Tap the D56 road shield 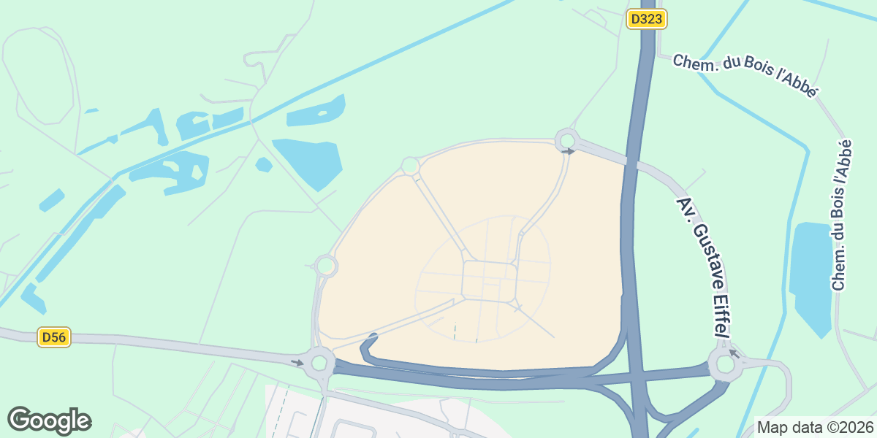point(54,337)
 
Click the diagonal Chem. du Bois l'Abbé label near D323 point(745,75)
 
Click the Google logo point(50,420)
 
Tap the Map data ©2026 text point(815,427)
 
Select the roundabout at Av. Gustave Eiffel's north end point(566,139)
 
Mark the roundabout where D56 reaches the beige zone point(319,362)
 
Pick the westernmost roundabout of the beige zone point(326,266)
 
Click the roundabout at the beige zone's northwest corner point(410,166)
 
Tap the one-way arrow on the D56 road point(297,362)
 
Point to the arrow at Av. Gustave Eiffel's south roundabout point(734,355)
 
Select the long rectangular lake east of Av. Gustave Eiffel point(811,277)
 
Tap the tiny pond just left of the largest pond point(264,165)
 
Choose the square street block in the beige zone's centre point(490,280)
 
